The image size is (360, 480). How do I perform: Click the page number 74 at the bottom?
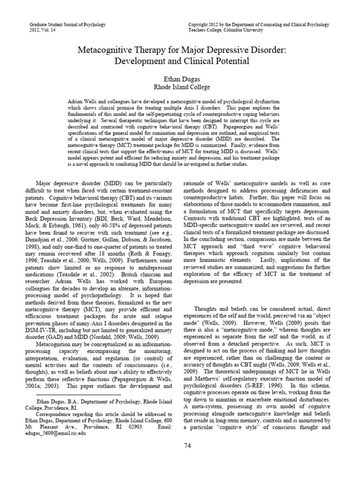180,458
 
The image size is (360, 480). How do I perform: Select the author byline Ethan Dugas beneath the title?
180,79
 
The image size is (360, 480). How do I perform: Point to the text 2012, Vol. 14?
42,30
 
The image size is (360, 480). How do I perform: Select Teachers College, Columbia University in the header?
228,30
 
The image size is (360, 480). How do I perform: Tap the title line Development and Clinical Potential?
180,61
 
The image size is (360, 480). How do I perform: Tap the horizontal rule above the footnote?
74,395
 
